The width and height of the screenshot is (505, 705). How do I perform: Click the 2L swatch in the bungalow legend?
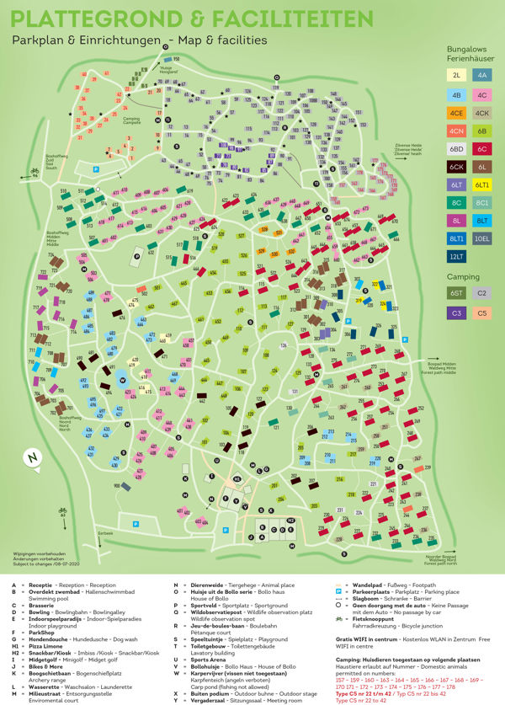(x=456, y=75)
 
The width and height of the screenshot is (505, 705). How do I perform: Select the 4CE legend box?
(x=456, y=112)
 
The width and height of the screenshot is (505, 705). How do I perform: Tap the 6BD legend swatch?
(x=456, y=148)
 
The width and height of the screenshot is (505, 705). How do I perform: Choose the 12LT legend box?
(x=456, y=257)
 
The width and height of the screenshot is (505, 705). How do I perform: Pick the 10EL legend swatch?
(x=482, y=238)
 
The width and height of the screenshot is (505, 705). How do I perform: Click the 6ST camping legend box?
(x=456, y=293)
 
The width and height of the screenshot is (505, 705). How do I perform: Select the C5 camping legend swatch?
(x=482, y=313)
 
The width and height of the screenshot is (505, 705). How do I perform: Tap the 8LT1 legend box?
(x=456, y=238)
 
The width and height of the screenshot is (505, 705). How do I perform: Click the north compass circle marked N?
(x=31, y=458)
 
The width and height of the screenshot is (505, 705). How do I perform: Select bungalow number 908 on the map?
(x=116, y=486)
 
